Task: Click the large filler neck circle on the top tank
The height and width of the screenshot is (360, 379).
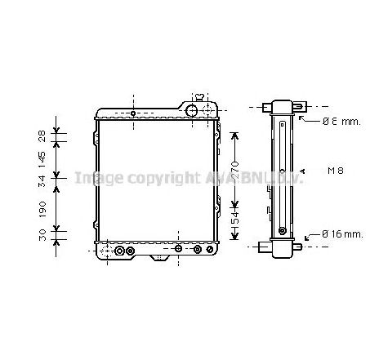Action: tap(193, 111)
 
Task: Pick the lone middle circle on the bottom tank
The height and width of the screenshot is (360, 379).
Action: tap(177, 249)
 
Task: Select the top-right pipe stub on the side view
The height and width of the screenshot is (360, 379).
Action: tap(300, 107)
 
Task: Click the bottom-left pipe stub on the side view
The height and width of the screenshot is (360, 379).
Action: tap(263, 246)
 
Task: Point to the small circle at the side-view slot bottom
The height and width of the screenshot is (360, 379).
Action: tap(283, 230)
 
